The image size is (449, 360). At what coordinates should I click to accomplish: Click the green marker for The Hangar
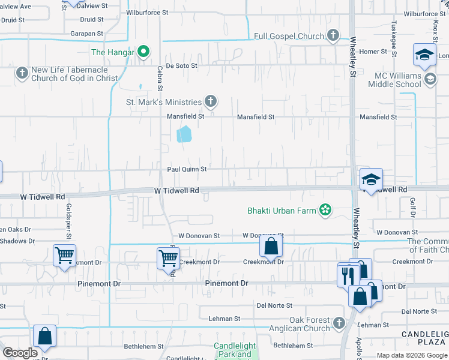pyautogui.click(x=143, y=52)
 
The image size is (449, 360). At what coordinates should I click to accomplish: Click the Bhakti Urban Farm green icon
pyautogui.click(x=325, y=210)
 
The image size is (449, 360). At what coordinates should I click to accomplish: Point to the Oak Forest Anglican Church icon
pyautogui.click(x=339, y=324)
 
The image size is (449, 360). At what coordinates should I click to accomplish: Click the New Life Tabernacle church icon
pyautogui.click(x=22, y=73)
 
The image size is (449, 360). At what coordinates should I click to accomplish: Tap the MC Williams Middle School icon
pyautogui.click(x=430, y=79)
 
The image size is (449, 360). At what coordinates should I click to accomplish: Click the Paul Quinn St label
pyautogui.click(x=187, y=169)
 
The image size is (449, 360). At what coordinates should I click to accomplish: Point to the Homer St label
pyautogui.click(x=373, y=52)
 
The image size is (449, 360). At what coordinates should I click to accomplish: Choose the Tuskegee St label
pyautogui.click(x=394, y=38)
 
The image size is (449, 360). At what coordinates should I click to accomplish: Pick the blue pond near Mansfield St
pyautogui.click(x=184, y=134)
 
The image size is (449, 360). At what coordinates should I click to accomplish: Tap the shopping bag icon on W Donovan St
pyautogui.click(x=271, y=245)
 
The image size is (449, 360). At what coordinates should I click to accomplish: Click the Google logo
pyautogui.click(x=20, y=353)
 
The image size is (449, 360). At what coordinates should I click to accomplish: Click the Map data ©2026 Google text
pyautogui.click(x=412, y=355)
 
